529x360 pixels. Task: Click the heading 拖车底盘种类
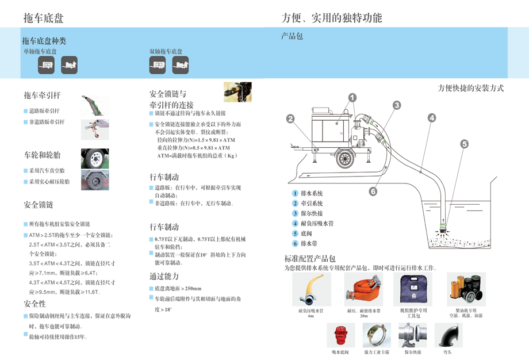tap(44, 41)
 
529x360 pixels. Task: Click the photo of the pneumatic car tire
tap(95, 158)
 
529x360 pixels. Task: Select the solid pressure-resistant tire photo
tap(95, 180)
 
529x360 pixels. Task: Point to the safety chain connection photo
tap(237, 92)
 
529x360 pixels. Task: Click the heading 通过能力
tap(164, 275)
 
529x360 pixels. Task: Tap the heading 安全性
tap(35, 304)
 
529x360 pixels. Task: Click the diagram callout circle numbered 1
tap(352, 98)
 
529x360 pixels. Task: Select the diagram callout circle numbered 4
tap(432, 118)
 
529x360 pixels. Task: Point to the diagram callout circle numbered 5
tap(464, 144)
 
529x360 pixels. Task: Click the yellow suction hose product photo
tap(310, 289)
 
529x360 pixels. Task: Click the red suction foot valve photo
tap(341, 335)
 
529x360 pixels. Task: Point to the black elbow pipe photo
tap(447, 335)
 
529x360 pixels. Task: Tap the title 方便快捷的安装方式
tap(470, 88)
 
